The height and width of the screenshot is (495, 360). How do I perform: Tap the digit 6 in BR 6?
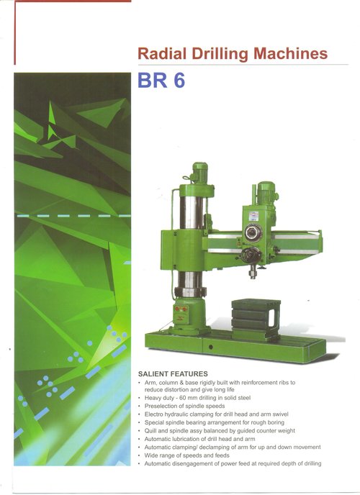pyautogui.click(x=179, y=81)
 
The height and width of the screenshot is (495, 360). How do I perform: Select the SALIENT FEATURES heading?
pyautogui.click(x=173, y=374)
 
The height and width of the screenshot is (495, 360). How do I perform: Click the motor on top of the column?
pyautogui.click(x=199, y=173)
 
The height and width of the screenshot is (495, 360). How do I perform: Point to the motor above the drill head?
pyautogui.click(x=266, y=193)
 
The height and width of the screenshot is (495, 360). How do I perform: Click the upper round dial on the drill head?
pyautogui.click(x=253, y=232)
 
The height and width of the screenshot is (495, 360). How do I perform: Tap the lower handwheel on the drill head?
pyautogui.click(x=251, y=255)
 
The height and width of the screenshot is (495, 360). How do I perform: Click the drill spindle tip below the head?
pyautogui.click(x=253, y=272)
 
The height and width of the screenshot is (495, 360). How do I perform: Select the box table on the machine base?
pyautogui.click(x=256, y=319)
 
